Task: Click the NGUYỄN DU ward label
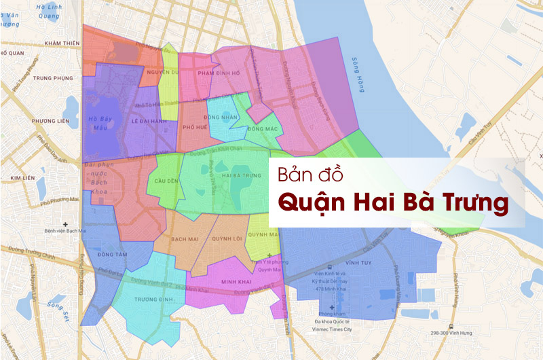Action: tap(165, 72)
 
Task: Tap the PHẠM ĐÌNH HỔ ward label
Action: tap(219, 73)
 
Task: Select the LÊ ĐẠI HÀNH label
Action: tap(149, 121)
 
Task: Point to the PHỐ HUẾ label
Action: tap(195, 126)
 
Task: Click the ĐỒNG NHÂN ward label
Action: tap(224, 117)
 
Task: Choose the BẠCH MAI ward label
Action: tap(184, 239)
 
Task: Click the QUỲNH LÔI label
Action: tap(227, 239)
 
